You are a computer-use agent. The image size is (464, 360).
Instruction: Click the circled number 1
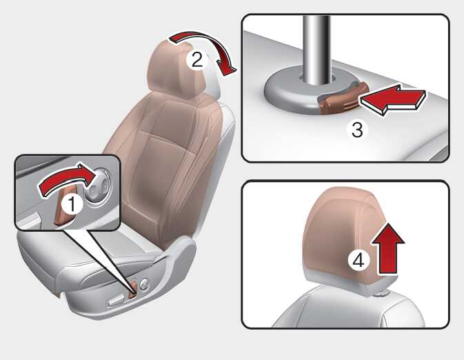click(x=72, y=204)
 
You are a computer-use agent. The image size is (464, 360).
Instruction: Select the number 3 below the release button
click(x=357, y=130)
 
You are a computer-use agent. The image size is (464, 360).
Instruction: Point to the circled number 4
click(x=358, y=261)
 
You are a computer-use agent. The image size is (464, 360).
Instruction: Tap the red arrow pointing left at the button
click(x=393, y=99)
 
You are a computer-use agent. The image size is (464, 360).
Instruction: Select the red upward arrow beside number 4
click(x=387, y=249)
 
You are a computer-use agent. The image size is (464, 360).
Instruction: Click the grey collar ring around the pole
click(x=292, y=92)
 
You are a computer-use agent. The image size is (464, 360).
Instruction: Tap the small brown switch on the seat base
click(x=133, y=289)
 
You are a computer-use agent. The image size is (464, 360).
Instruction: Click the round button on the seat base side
click(x=145, y=284)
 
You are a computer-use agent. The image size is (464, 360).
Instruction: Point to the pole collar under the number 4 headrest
click(x=382, y=293)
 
